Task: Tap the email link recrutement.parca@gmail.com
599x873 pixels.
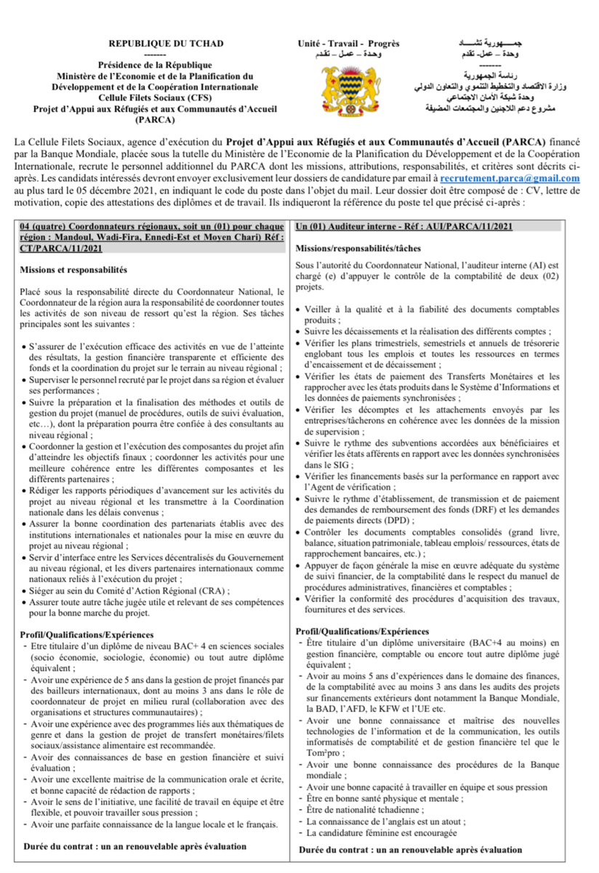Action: pyautogui.click(x=510, y=178)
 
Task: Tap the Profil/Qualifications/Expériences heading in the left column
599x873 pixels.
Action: pyautogui.click(x=87, y=635)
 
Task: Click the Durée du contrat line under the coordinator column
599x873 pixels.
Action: pyautogui.click(x=135, y=846)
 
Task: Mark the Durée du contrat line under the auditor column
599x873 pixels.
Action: pyautogui.click(x=410, y=849)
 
